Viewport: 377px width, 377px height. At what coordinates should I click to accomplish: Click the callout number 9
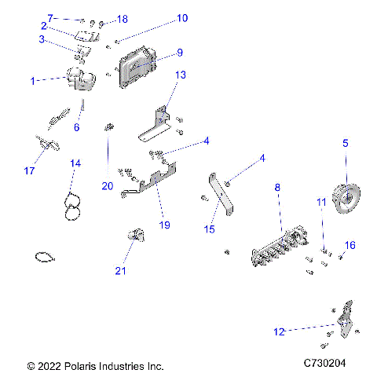click(180, 53)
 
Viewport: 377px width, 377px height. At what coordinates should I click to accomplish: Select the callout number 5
click(344, 144)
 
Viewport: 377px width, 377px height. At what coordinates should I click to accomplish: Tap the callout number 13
click(180, 75)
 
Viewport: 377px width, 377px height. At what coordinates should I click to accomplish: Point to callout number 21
click(120, 271)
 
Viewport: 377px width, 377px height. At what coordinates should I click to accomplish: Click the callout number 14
click(75, 163)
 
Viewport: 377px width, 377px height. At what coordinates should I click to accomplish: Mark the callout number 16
click(350, 245)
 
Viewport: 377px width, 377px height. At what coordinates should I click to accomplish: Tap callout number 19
click(164, 225)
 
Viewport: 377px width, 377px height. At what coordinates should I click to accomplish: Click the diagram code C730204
click(328, 365)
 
